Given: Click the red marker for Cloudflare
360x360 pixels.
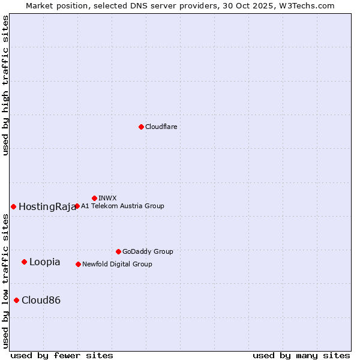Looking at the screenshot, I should point(141,127).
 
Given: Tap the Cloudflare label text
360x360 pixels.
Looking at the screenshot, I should point(161,127).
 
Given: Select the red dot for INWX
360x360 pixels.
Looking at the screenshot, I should point(94,198).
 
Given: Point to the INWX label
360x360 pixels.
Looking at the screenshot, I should point(107,198).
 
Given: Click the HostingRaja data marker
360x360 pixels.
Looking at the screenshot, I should point(13,206).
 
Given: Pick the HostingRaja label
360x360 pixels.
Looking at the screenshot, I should point(47,207).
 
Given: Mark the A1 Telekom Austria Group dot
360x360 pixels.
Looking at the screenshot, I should point(77,206).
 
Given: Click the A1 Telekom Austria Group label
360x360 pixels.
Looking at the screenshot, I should point(122,206).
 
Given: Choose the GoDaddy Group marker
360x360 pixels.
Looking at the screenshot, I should point(118,251).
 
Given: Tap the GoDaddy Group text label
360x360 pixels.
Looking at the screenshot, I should point(148,252).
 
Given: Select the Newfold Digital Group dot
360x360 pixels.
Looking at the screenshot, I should point(78,264).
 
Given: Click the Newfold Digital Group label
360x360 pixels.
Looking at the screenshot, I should point(117,264).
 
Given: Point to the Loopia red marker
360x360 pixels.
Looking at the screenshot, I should point(24,262).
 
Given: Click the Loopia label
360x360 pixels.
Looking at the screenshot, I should point(44,262).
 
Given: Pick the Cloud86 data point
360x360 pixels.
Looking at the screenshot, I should point(16,300).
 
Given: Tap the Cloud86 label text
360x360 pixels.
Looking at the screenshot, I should point(41,301).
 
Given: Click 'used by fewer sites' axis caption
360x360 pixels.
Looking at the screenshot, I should point(62,355).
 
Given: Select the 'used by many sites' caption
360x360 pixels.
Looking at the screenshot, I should point(301,355).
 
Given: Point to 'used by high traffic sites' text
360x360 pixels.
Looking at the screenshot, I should point(6,85).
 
